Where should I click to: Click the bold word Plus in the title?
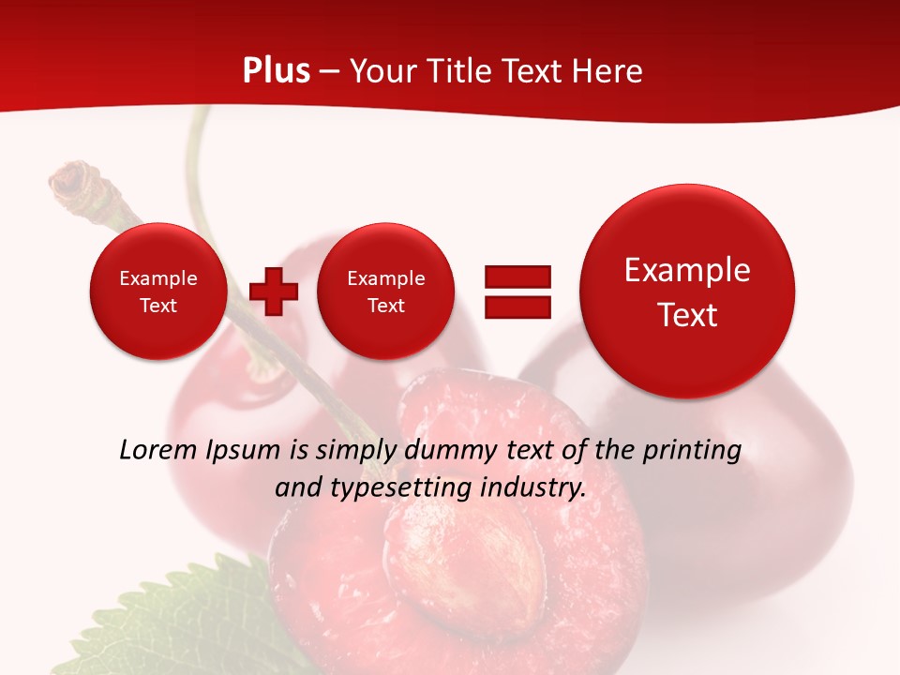tap(276, 71)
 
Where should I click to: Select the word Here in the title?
tap(610, 71)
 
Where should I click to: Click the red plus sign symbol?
tap(274, 291)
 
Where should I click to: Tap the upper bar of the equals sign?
tap(517, 277)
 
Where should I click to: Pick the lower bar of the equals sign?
tap(517, 307)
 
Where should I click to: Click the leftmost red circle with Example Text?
tap(157, 291)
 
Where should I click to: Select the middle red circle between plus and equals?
tap(385, 291)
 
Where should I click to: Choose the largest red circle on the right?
tap(687, 292)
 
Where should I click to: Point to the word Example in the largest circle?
tap(687, 270)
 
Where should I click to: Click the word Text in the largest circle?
tap(687, 315)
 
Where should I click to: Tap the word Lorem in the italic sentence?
tap(158, 450)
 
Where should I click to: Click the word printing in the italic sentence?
tap(693, 450)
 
